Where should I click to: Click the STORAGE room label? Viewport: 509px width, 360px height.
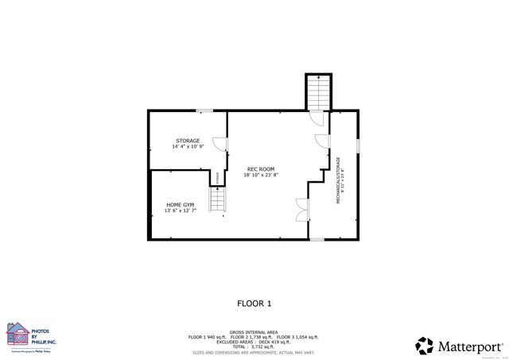coord(188,141)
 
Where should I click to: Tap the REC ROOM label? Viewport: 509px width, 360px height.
coord(260,169)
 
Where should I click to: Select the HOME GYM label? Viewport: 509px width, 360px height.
coord(180,205)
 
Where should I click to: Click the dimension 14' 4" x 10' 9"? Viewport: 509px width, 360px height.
coord(188,147)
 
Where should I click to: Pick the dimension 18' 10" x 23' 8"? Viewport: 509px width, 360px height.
coord(261,176)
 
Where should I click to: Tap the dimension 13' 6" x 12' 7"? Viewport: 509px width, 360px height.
coord(180,211)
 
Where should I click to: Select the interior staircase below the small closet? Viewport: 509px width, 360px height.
coord(219,199)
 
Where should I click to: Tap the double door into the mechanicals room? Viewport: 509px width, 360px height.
coord(301,209)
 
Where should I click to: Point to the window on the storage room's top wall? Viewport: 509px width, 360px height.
coord(204,110)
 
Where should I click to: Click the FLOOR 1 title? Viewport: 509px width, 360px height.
coord(254,303)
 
